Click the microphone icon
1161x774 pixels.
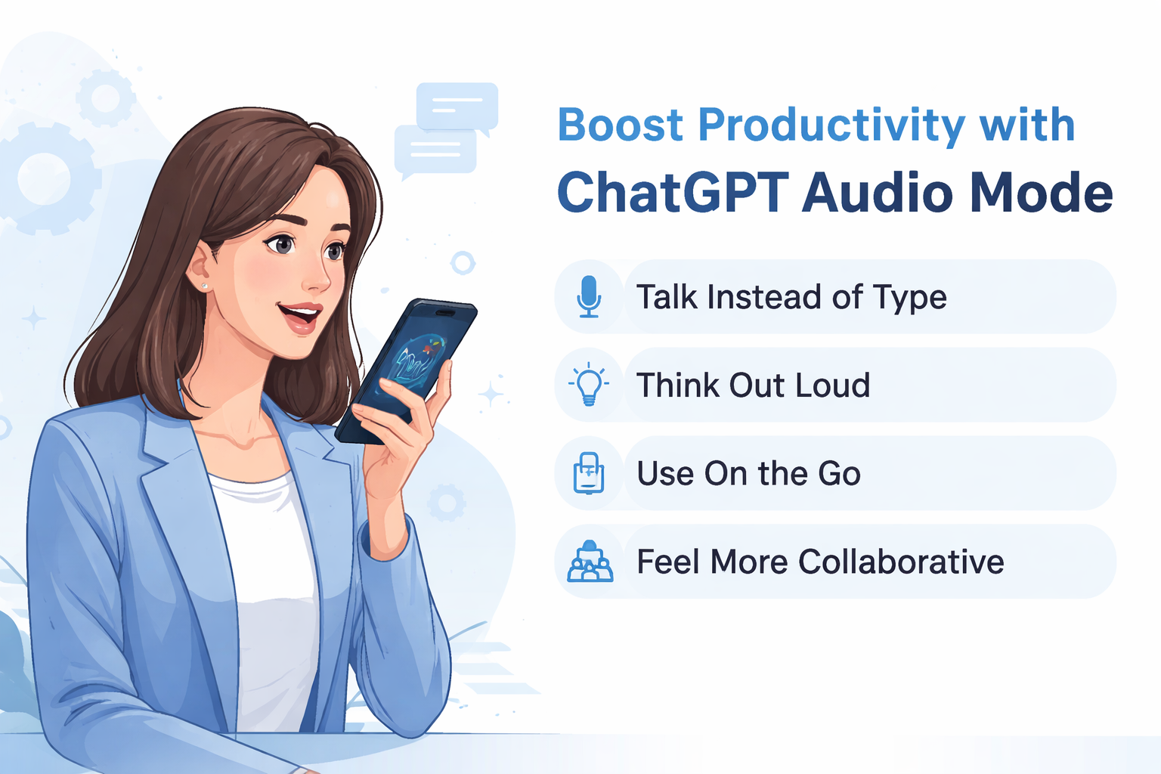pos(589,296)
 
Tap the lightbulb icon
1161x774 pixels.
pos(589,384)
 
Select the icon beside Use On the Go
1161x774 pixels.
pos(589,473)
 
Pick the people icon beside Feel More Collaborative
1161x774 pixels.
pos(590,562)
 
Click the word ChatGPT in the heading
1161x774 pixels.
pos(673,193)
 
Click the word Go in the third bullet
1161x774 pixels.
pos(839,474)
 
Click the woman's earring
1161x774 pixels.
pos(205,286)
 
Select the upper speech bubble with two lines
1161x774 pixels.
pos(457,107)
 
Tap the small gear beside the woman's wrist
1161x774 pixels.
pos(445,503)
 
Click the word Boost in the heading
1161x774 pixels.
pos(621,125)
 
